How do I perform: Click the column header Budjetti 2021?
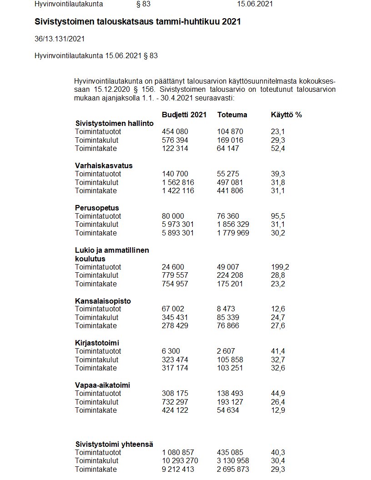coord(184,115)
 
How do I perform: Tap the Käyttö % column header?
coord(286,115)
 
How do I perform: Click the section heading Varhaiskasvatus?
coord(104,165)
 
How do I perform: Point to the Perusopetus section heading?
coord(97,208)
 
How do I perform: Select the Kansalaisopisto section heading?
coord(103,301)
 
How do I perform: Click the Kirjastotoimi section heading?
coord(97,343)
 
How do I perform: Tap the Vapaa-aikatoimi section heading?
coord(102,385)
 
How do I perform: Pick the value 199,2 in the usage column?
coord(280,267)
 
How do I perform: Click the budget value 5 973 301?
coord(178,225)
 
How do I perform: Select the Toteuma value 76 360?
coord(228,216)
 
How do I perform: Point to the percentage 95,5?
coord(278,216)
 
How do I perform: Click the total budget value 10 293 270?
coord(180,461)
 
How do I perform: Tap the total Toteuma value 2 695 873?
coord(233,469)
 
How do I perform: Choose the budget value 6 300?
coord(171,351)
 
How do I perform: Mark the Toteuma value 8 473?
coord(226,309)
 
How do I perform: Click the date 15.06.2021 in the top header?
coord(255,4)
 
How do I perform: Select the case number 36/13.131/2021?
coord(60,39)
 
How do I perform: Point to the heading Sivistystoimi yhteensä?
coord(114,444)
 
